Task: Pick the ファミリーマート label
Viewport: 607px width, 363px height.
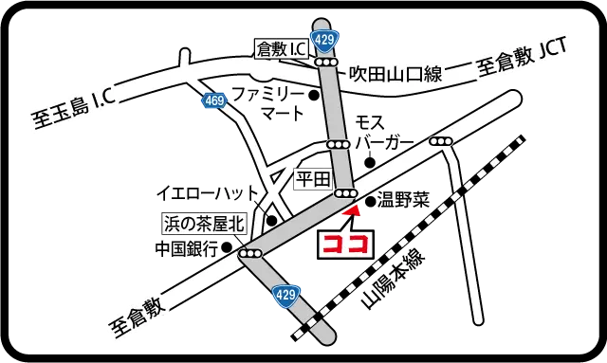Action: tap(269, 103)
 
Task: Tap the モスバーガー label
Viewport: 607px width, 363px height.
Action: tap(382, 133)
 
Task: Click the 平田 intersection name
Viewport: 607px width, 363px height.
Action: tap(312, 177)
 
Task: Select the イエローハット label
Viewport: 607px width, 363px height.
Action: tap(206, 193)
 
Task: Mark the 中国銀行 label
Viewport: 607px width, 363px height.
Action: tap(187, 250)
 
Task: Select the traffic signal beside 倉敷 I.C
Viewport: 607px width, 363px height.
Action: tap(327, 63)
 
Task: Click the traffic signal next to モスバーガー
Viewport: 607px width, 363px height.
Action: tap(339, 143)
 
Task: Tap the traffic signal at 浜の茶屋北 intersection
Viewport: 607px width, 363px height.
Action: tap(251, 254)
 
